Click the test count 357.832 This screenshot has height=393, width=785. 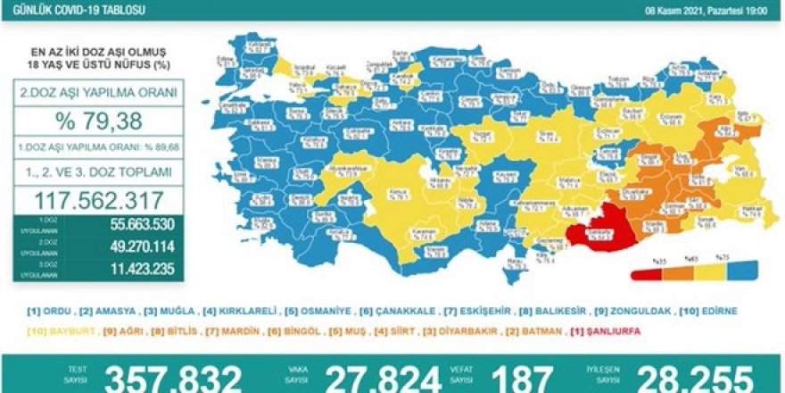point(173,379)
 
